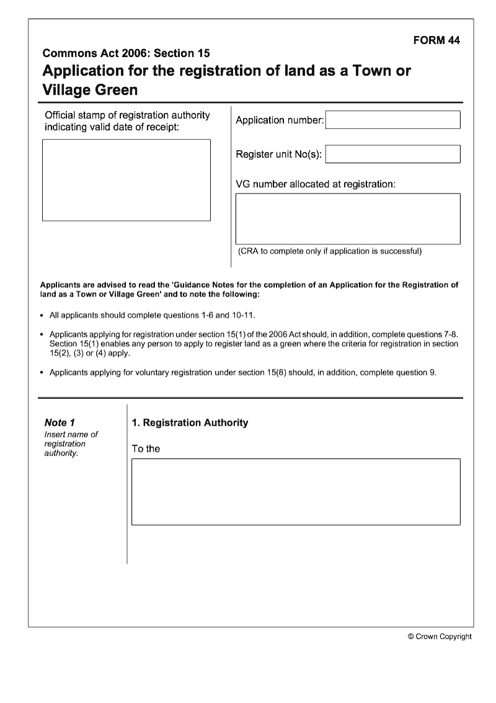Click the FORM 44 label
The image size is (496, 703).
pyautogui.click(x=436, y=40)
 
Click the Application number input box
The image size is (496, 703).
pyautogui.click(x=392, y=120)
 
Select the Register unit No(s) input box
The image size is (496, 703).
pyautogui.click(x=392, y=154)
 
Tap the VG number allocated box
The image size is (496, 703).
pyautogui.click(x=348, y=218)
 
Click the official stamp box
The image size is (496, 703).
pyautogui.click(x=126, y=180)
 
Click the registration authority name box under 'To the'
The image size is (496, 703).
pyautogui.click(x=296, y=491)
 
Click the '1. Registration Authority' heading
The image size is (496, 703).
pyautogui.click(x=190, y=423)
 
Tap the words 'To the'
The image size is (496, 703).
pyautogui.click(x=146, y=449)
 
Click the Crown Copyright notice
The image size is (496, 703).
pyautogui.click(x=440, y=636)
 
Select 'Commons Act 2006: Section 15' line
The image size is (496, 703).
pyautogui.click(x=126, y=53)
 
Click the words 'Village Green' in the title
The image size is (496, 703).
pyautogui.click(x=90, y=90)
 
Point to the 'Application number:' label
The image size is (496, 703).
pyautogui.click(x=280, y=120)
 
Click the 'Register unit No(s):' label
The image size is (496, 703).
pyautogui.click(x=279, y=154)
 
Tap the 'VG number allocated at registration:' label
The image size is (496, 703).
pyautogui.click(x=316, y=184)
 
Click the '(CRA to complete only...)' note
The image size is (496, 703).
pyautogui.click(x=330, y=251)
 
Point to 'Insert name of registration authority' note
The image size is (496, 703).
pyautogui.click(x=71, y=444)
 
